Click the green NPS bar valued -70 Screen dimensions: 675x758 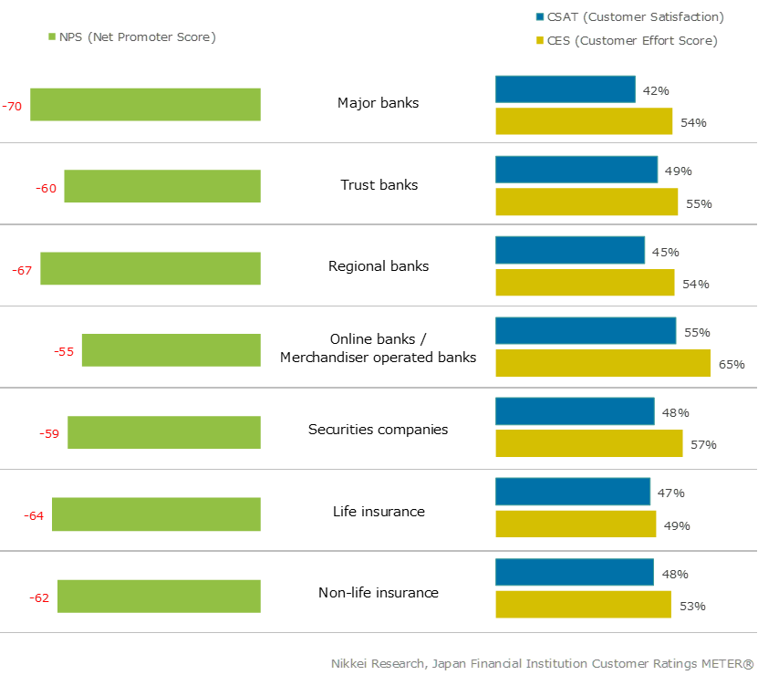[x=146, y=105]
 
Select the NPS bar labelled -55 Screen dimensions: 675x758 [x=171, y=350]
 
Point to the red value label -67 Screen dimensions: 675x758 [x=23, y=271]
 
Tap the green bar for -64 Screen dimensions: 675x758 [x=157, y=514]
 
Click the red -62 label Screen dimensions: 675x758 [x=40, y=598]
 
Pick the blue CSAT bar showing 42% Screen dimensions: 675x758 [x=566, y=89]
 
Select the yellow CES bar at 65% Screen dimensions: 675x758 [x=603, y=363]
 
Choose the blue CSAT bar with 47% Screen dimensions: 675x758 [x=573, y=492]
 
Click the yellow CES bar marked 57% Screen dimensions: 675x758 [x=589, y=443]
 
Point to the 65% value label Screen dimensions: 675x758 [x=732, y=364]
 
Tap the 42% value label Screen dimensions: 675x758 [x=656, y=91]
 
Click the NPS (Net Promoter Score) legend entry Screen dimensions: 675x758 [x=131, y=36]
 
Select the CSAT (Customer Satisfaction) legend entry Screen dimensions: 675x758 [x=628, y=16]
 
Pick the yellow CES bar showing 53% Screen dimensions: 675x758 [x=584, y=605]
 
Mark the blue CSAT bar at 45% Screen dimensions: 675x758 [x=570, y=250]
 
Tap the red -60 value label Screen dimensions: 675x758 [x=47, y=189]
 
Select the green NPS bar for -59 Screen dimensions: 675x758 [x=164, y=432]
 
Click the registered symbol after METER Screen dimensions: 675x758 [x=748, y=663]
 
